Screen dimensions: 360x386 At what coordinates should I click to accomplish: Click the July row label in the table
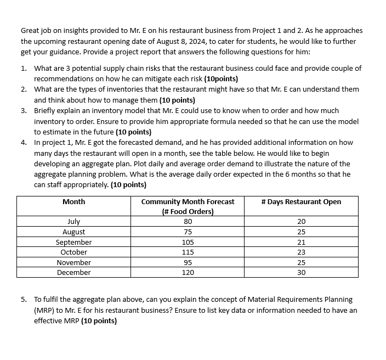coord(73,222)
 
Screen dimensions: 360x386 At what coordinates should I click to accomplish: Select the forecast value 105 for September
coord(188,242)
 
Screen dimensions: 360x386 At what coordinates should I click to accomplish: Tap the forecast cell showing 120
coord(188,273)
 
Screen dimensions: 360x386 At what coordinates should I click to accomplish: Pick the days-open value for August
coord(301,232)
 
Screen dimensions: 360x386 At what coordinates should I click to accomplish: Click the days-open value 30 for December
coord(301,273)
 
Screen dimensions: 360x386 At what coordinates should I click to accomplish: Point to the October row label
coord(73,252)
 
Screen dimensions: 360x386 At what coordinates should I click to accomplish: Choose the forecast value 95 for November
coord(188,263)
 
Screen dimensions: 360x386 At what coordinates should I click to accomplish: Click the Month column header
coord(73,202)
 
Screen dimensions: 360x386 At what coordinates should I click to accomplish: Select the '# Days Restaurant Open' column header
coord(301,202)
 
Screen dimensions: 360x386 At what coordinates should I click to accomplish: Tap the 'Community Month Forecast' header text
coord(188,202)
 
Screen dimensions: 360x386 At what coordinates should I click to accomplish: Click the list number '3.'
coord(25,110)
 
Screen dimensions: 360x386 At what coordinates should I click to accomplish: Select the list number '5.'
coord(25,300)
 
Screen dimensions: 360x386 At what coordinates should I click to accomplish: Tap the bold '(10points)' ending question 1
coord(221,78)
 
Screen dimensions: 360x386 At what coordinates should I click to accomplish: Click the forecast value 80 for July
coord(188,222)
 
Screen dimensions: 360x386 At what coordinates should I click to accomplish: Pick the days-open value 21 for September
coord(301,242)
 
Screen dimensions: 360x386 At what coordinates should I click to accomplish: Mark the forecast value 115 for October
coord(188,252)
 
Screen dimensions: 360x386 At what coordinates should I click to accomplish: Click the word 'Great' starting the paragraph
coord(30,31)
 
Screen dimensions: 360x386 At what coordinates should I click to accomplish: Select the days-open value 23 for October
coord(301,252)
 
